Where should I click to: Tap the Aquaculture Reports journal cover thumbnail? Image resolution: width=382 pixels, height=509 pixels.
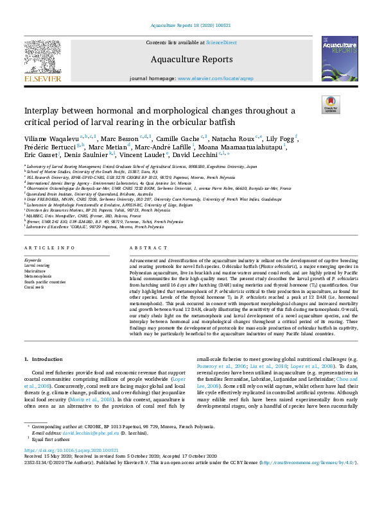tap(340, 58)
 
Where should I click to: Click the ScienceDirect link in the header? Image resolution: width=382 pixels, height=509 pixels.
tap(221, 42)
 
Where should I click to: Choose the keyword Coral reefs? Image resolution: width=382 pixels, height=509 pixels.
tap(35, 287)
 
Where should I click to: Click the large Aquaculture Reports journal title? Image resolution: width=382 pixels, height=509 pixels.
tap(191, 60)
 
